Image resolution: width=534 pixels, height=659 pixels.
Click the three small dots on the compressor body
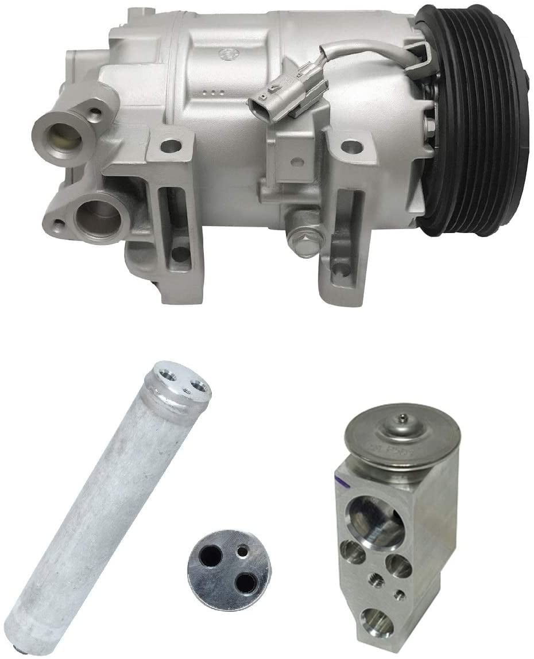pos(216,92)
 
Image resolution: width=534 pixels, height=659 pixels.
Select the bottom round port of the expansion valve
pos(377,623)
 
